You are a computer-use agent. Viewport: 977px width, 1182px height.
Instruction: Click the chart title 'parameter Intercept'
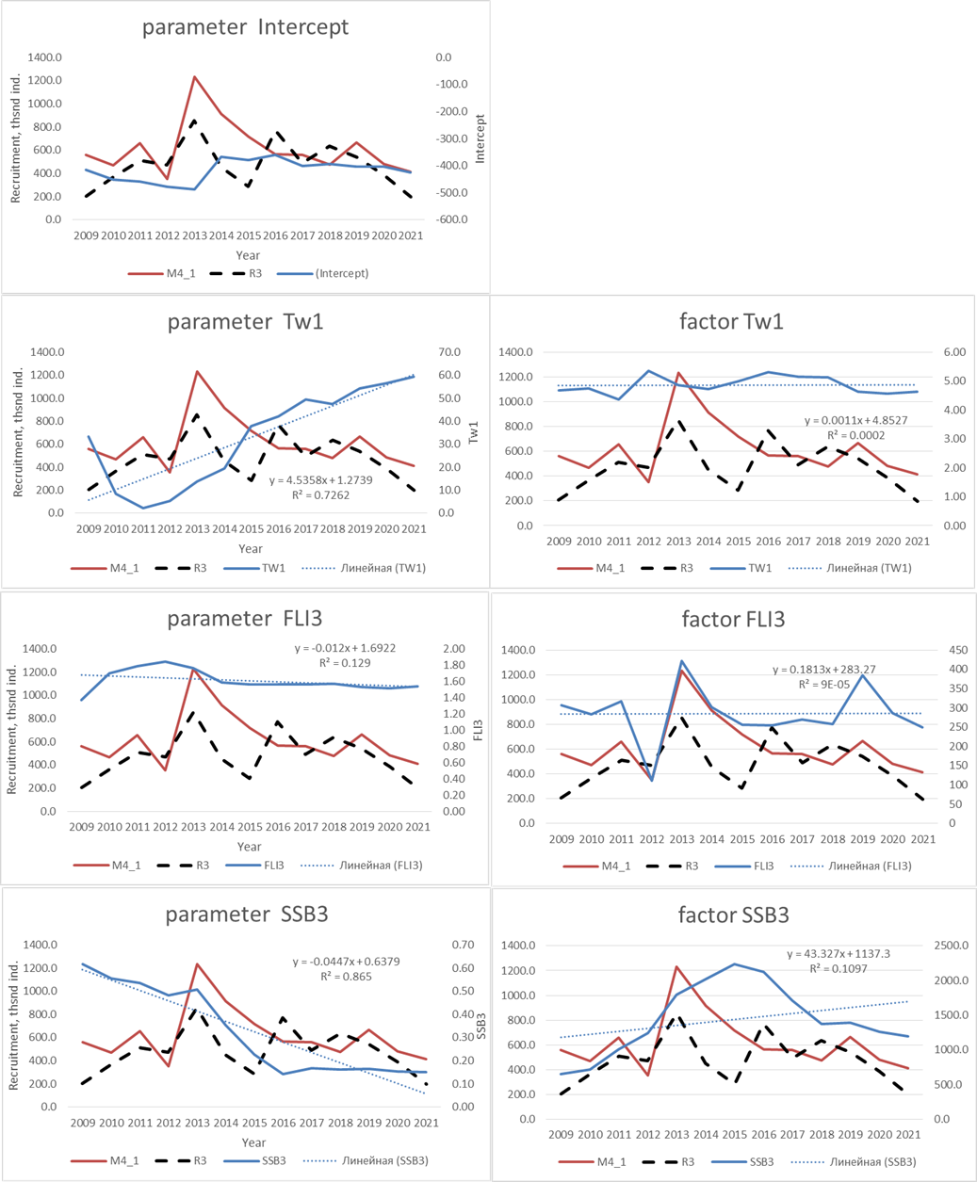(x=245, y=26)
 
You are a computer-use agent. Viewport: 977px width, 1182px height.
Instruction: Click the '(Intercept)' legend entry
(x=335, y=273)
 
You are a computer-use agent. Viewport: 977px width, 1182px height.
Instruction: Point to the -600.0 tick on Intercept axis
(x=451, y=219)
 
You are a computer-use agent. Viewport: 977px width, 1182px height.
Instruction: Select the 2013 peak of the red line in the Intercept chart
(x=194, y=77)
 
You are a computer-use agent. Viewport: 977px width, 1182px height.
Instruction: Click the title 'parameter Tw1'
(x=245, y=321)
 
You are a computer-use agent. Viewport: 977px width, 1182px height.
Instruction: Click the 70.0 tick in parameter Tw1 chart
(x=449, y=352)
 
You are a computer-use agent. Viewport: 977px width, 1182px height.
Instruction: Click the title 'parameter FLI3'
(x=245, y=619)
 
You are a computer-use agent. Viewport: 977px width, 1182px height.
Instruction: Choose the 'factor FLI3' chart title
(x=733, y=619)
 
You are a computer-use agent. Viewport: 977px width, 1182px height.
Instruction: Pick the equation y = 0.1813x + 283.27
(x=822, y=670)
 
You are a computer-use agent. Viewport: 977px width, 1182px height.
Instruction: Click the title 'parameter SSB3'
(x=246, y=915)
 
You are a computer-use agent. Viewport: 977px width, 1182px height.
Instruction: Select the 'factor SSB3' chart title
(x=733, y=915)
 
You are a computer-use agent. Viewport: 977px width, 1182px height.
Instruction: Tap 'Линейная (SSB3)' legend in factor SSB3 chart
(x=871, y=1161)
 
